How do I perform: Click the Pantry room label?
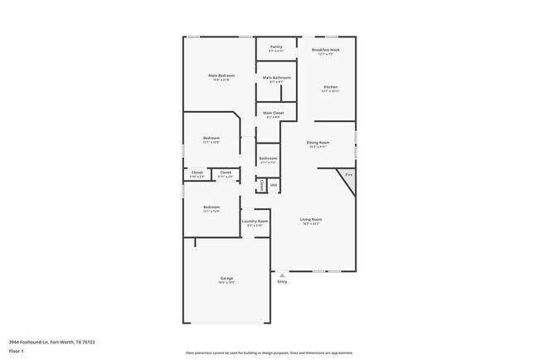[276, 47]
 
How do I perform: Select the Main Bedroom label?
[220, 75]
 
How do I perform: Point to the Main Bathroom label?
[276, 78]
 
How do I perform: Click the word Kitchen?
[331, 87]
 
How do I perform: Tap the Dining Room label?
[318, 143]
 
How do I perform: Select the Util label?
[274, 184]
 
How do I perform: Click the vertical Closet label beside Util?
[261, 184]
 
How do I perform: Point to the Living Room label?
[311, 220]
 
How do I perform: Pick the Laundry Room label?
[255, 221]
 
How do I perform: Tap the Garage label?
[226, 278]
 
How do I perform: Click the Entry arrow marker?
[282, 275]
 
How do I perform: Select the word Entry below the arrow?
[282, 282]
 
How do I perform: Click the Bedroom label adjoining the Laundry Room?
[211, 207]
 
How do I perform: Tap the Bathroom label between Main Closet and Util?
[268, 158]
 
